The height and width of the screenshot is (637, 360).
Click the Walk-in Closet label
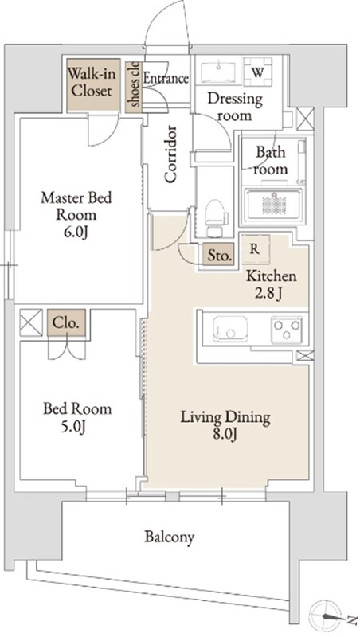pyautogui.click(x=92, y=82)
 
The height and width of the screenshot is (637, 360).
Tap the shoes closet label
pyautogui.click(x=135, y=84)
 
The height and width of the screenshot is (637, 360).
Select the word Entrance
pyautogui.click(x=166, y=78)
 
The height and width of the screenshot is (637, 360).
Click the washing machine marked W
pyautogui.click(x=257, y=72)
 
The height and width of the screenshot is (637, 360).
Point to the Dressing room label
pyautogui.click(x=235, y=107)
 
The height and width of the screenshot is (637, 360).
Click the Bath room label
pyautogui.click(x=270, y=161)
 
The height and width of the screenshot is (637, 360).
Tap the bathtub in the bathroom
pyautogui.click(x=272, y=204)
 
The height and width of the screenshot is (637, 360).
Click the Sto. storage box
pyautogui.click(x=219, y=255)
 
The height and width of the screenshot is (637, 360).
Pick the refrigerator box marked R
pyautogui.click(x=255, y=249)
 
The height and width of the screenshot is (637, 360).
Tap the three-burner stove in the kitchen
pyautogui.click(x=287, y=328)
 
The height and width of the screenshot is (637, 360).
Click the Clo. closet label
pyautogui.click(x=66, y=323)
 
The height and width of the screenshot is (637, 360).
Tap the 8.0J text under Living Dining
pyautogui.click(x=225, y=435)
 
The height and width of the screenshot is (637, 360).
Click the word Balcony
pyautogui.click(x=170, y=537)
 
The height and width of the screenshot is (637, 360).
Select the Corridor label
pyautogui.click(x=171, y=154)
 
